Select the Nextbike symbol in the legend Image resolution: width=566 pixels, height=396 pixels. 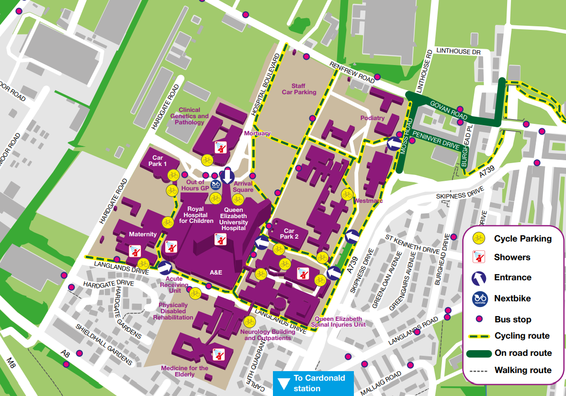tap(479, 298)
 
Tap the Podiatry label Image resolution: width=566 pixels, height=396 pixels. tap(373, 118)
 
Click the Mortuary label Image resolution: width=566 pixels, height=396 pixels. tap(257, 133)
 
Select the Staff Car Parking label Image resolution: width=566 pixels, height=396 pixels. tap(299, 89)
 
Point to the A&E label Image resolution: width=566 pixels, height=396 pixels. tap(216, 272)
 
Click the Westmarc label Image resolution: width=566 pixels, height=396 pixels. tap(368, 201)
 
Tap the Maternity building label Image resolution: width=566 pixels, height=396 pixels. tap(143, 234)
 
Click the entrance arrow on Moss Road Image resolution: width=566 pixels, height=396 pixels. tap(394, 143)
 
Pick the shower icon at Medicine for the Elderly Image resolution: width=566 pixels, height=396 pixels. tap(218, 354)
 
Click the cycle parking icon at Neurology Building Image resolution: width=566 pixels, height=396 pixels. tap(249, 322)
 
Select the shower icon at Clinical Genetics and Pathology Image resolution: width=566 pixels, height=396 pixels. tap(221, 146)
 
